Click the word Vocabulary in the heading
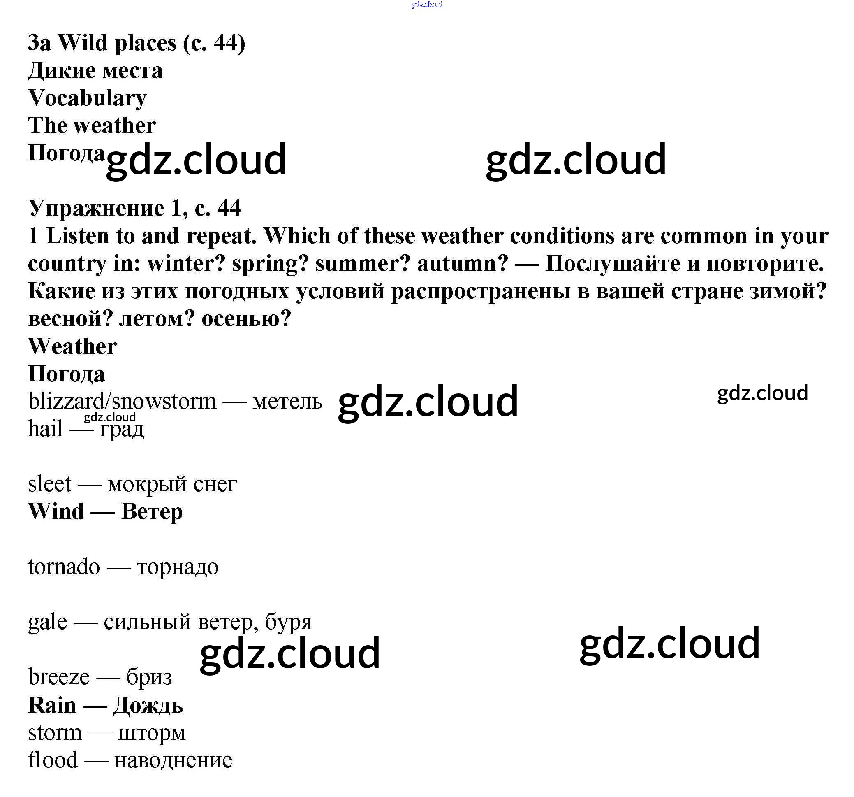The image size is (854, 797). [87, 98]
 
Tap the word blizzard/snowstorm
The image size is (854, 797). [122, 402]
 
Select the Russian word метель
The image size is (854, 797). [287, 402]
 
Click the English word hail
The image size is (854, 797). [45, 429]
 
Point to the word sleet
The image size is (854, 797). [49, 484]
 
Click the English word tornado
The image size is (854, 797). [64, 567]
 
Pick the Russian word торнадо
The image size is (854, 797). [177, 567]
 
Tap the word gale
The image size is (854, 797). [47, 622]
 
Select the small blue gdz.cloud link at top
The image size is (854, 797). [426, 5]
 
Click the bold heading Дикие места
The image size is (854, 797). [95, 70]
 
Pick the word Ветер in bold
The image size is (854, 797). [152, 511]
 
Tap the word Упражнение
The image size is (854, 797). [96, 209]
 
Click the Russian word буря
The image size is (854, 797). [288, 622]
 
